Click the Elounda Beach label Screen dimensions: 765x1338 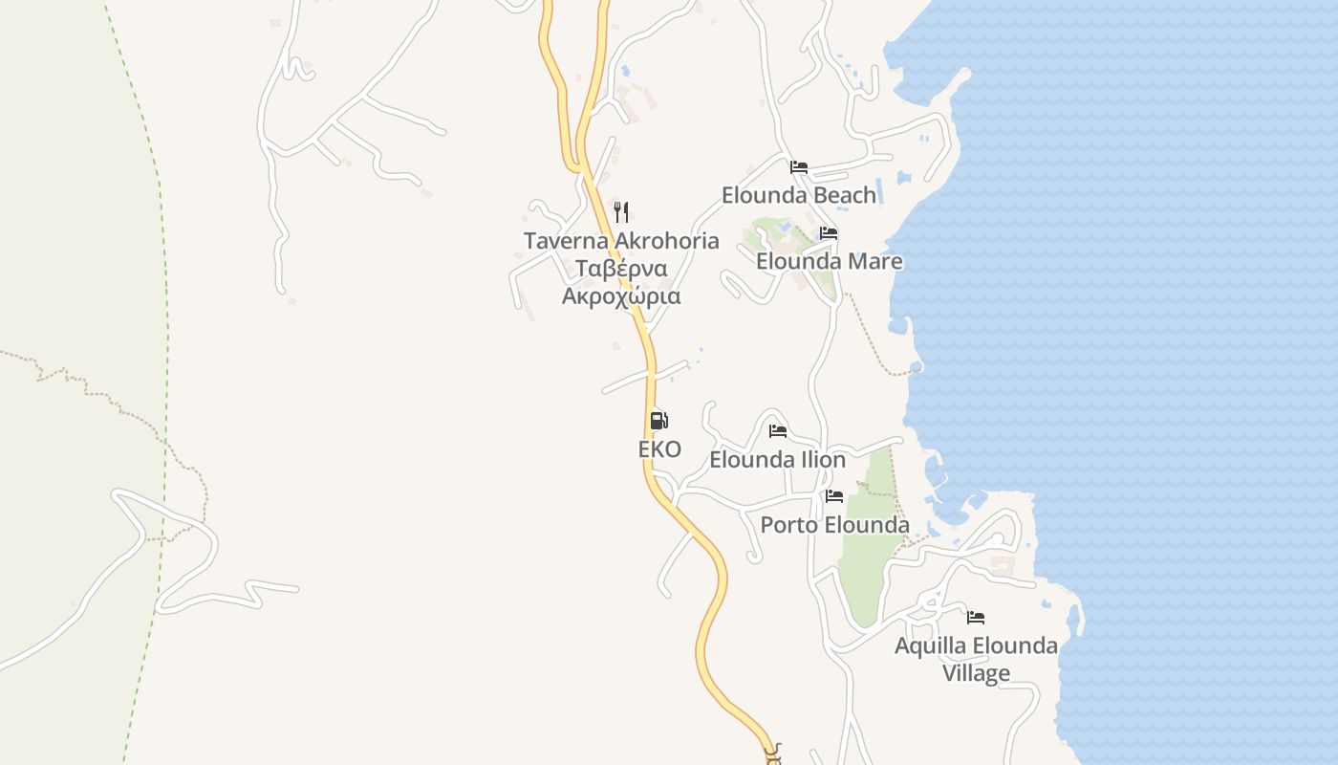tap(798, 195)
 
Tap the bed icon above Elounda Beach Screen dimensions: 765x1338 tap(799, 167)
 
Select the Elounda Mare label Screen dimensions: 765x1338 tap(829, 261)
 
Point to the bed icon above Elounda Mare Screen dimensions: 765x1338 tap(828, 233)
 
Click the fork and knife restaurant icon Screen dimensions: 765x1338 tap(621, 211)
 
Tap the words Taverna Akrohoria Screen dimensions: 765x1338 tap(621, 240)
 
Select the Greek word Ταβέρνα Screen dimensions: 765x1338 tap(621, 268)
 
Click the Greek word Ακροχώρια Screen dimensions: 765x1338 tap(621, 295)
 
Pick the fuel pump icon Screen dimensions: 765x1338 tap(658, 420)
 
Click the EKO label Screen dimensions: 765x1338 tap(659, 449)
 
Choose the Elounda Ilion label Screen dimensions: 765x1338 tap(777, 460)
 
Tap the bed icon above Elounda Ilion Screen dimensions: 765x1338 tap(778, 431)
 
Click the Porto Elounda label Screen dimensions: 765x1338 tap(834, 525)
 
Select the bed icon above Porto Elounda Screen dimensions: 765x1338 tap(834, 496)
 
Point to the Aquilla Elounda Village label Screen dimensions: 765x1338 tap(976, 659)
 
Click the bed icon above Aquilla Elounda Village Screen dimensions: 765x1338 tap(976, 618)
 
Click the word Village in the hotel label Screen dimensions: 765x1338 tap(976, 673)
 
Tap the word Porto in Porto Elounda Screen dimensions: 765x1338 tap(788, 525)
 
